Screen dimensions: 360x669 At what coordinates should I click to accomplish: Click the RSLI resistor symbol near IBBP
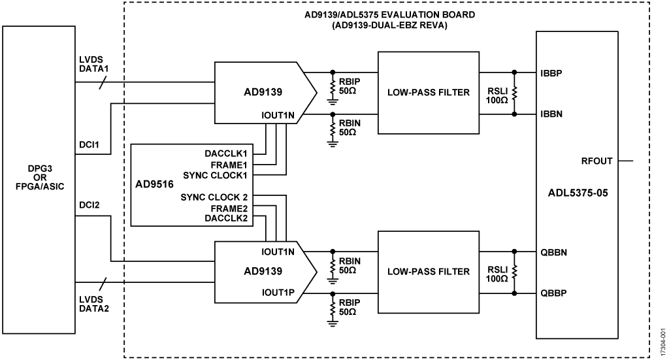point(514,93)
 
